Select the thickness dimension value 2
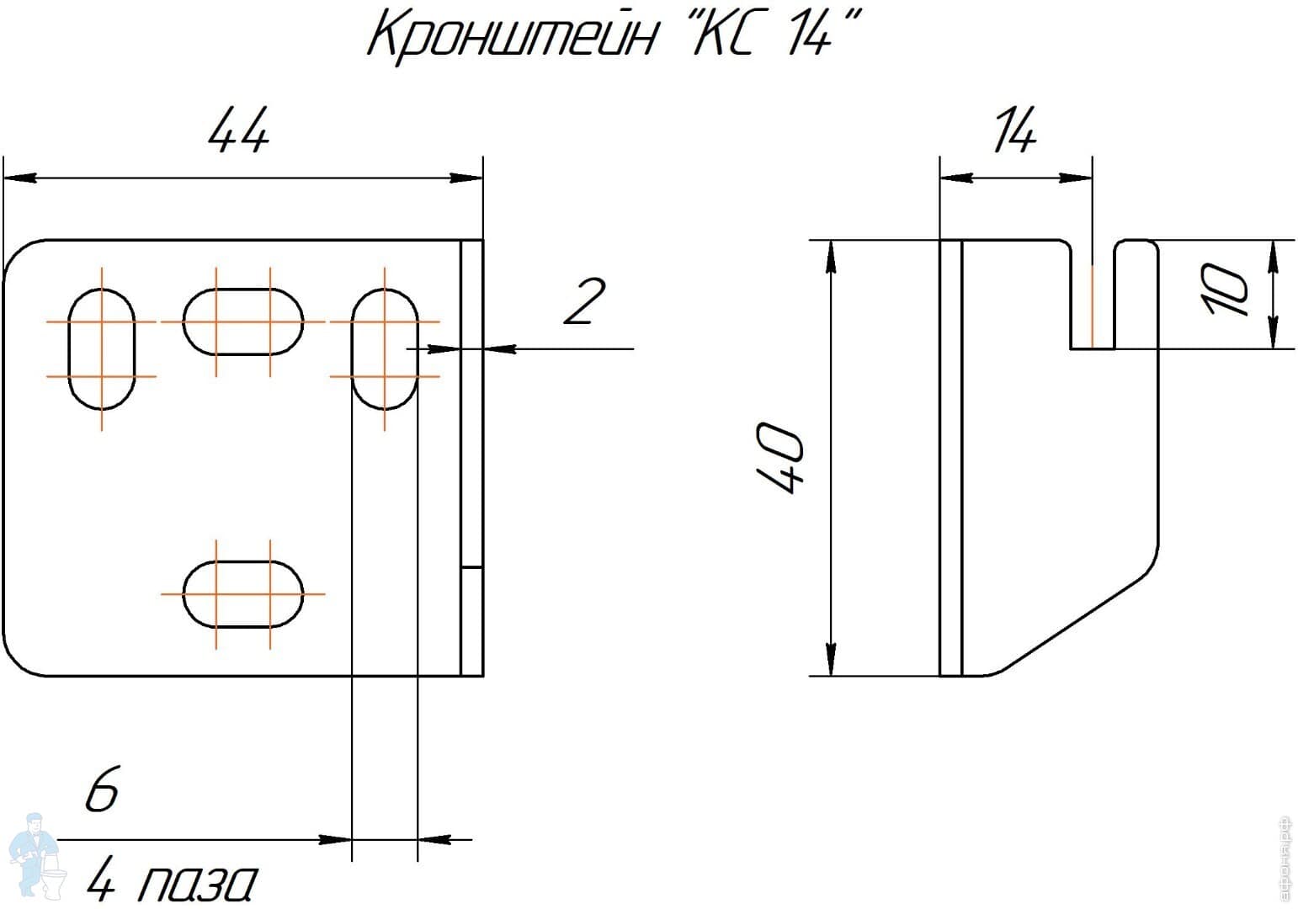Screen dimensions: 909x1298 (583, 303)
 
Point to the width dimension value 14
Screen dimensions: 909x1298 (1015, 131)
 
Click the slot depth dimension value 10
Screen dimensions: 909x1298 (1226, 290)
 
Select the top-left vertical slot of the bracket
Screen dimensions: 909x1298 (102, 348)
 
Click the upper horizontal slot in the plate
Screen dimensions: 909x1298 (243, 322)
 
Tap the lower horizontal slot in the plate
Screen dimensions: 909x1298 (243, 594)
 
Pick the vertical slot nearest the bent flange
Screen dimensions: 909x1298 (385, 348)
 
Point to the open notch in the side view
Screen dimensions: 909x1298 (1093, 295)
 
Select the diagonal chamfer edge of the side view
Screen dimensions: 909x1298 (1077, 619)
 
